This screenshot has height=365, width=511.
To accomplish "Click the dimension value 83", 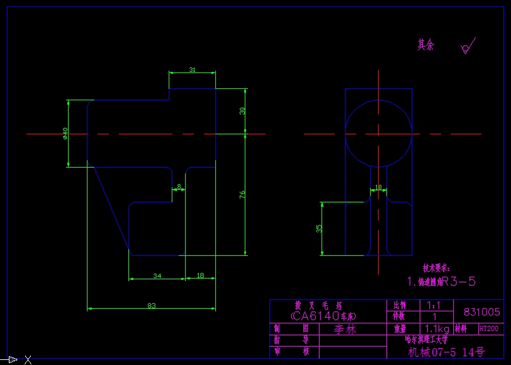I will point(152,306).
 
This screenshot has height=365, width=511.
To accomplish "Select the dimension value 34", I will point(157,275).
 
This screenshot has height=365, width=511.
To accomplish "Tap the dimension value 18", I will point(200,275).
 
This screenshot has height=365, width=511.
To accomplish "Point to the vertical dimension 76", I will point(243,195).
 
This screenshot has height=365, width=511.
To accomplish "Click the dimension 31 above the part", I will point(192,70).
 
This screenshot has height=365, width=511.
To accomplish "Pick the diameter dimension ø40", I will point(65,134).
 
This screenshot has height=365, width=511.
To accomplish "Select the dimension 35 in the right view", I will point(319,228).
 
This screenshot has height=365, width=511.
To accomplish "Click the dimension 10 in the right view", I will point(378,187).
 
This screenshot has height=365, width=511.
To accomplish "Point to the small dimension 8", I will point(179,187).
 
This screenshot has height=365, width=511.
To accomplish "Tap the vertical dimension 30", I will point(243,111).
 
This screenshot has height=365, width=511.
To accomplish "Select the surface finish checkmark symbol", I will point(468,47).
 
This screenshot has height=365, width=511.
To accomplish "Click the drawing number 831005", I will point(481,312).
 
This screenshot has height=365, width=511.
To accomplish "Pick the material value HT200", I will point(488,328).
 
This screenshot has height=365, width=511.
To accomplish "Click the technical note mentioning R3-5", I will point(441,281).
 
